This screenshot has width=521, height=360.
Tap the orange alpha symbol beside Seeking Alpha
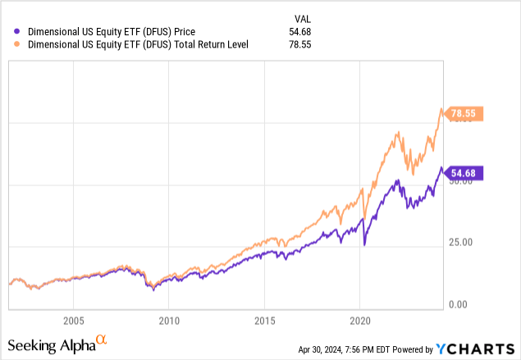[x=102, y=339]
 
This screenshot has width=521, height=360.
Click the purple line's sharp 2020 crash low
[x=364, y=244]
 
